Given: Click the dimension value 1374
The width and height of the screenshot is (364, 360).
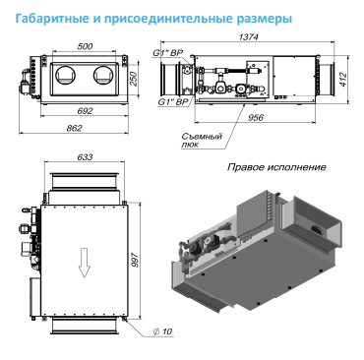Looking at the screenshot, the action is (x=248, y=37).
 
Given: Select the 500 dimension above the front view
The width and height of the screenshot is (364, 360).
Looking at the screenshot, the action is (x=85, y=46).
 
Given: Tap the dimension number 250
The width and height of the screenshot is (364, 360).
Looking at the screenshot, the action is (x=134, y=79).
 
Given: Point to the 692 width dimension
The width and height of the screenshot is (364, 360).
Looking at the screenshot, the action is (x=85, y=111).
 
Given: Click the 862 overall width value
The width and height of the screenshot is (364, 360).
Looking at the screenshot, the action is (x=74, y=128).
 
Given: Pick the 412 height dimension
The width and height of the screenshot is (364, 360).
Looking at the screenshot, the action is (x=343, y=80).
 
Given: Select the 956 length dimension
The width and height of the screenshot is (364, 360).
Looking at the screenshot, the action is (x=256, y=117).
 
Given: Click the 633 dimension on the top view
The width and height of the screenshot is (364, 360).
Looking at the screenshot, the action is (x=85, y=157).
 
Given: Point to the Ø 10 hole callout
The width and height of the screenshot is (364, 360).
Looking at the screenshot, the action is (x=162, y=331).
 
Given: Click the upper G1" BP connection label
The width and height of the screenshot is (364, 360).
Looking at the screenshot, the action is (x=168, y=53).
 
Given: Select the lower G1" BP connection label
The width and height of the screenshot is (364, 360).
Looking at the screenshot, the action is (x=173, y=102).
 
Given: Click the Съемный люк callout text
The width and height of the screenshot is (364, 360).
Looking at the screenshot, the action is (x=202, y=140).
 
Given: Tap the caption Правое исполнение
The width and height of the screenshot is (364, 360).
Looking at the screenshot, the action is (x=276, y=167).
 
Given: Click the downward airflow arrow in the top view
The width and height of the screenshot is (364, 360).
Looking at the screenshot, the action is (x=85, y=263).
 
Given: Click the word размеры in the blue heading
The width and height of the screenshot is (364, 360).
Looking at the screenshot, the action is (x=264, y=19).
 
